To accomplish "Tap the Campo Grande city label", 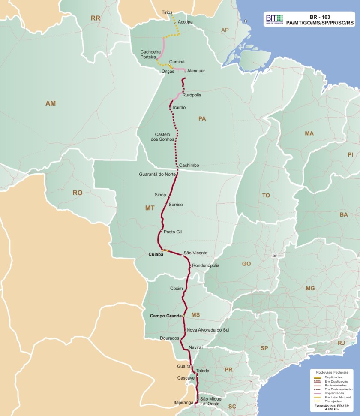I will [x=166, y=316].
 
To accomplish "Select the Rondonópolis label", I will [x=206, y=265].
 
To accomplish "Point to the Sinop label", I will [x=160, y=195].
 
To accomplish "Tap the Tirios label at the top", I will [x=167, y=13].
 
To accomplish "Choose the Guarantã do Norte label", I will [x=157, y=174].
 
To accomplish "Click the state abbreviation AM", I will [x=51, y=103].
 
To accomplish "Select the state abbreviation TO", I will [x=266, y=195].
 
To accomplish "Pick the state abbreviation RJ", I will [x=341, y=343].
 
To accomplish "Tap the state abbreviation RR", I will [x=95, y=18].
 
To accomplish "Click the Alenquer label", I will [x=196, y=71].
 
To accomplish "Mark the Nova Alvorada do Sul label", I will [x=209, y=330].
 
